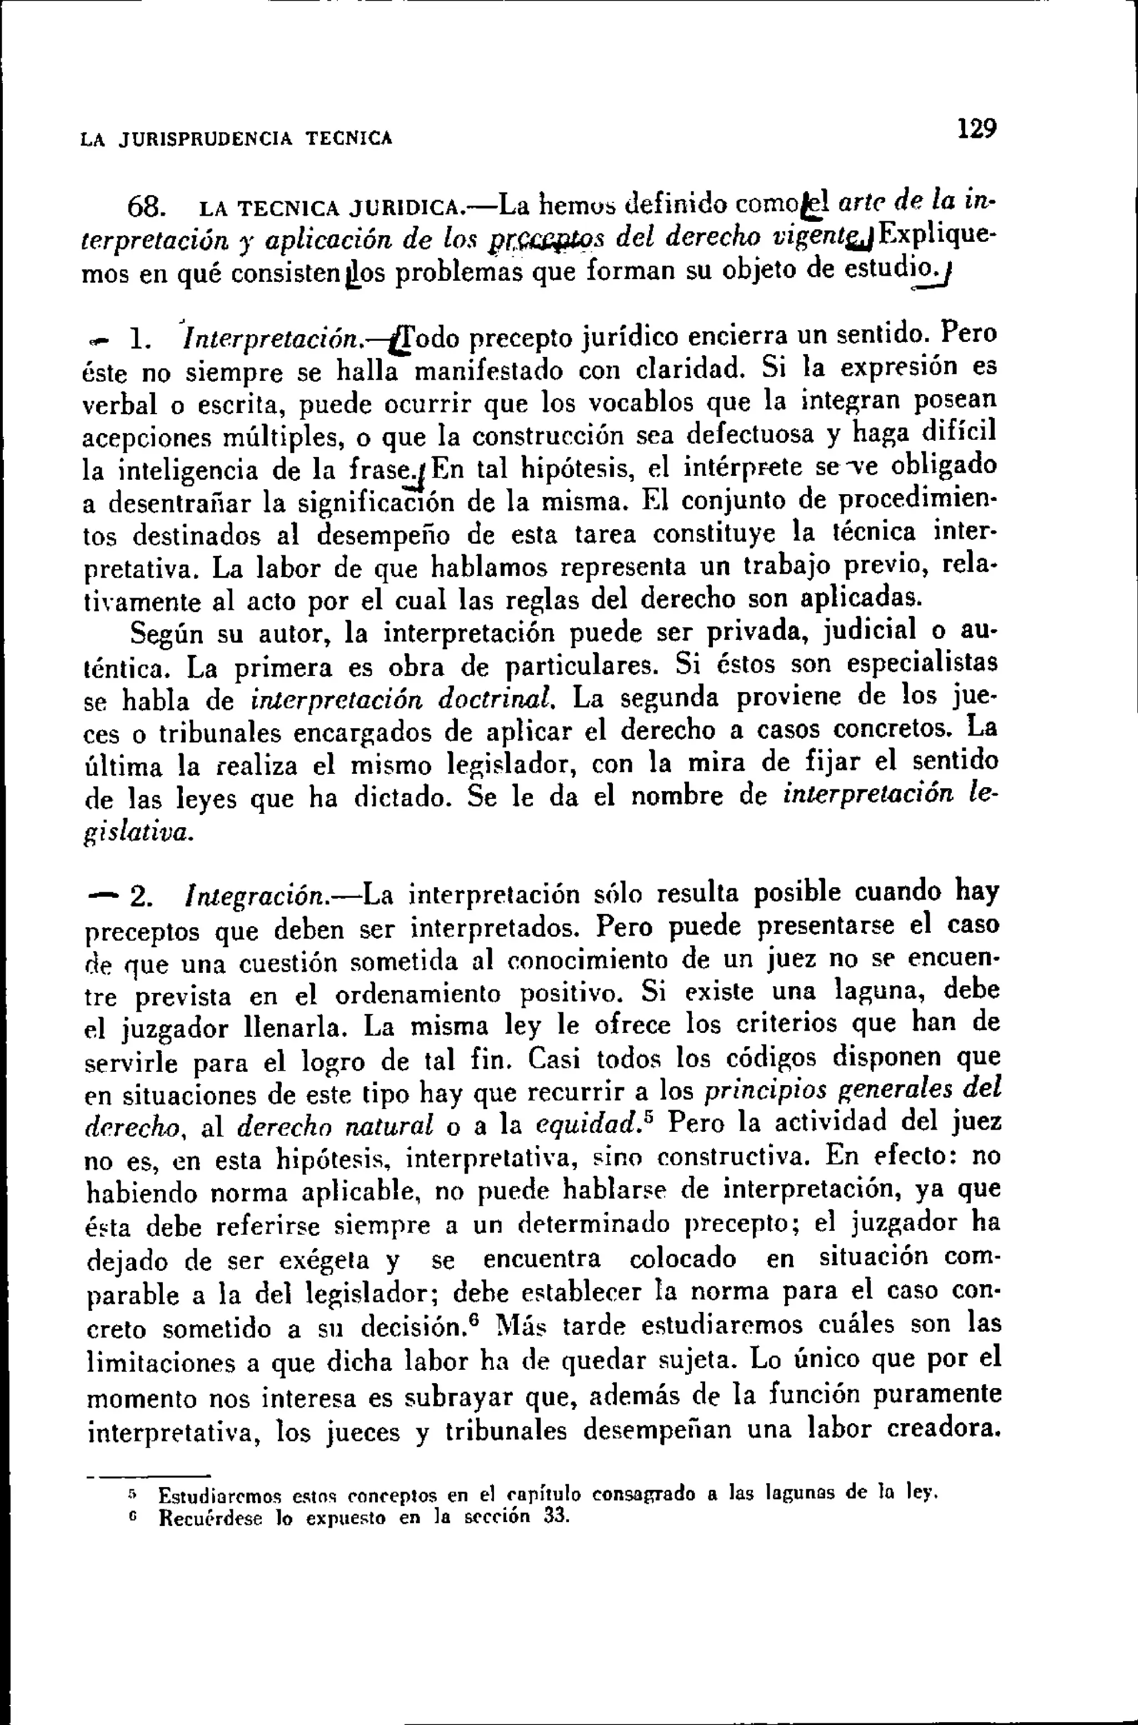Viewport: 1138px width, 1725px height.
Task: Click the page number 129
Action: tap(977, 129)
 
